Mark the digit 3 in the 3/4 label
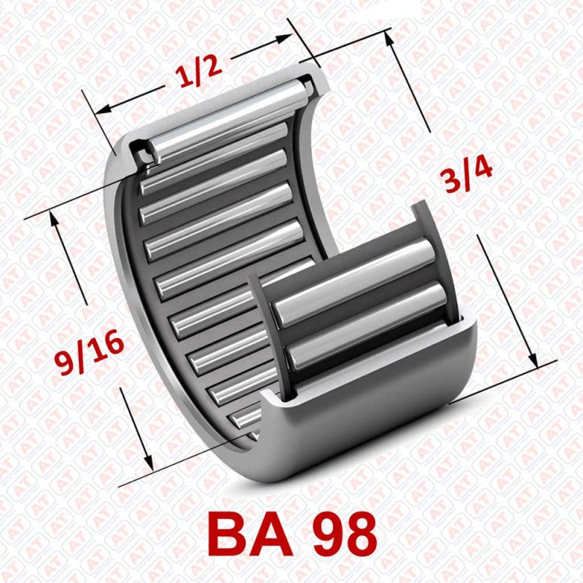coord(454,182)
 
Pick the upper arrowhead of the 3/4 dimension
coord(394,39)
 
